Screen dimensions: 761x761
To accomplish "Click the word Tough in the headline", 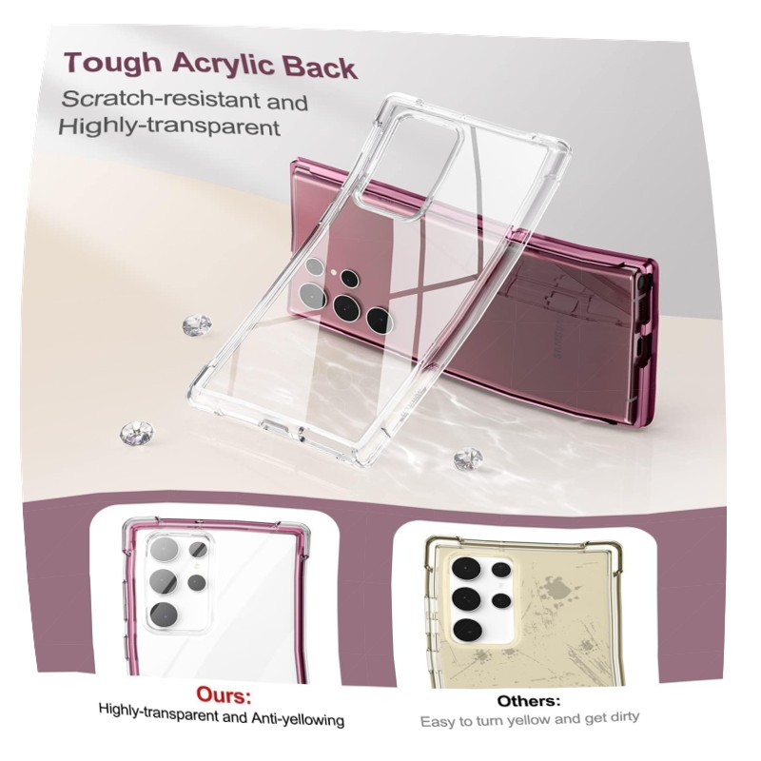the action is click(112, 62).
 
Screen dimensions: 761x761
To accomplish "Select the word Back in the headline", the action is click(320, 68).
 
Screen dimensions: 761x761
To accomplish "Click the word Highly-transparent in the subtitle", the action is click(169, 127).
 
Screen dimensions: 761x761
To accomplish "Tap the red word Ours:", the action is click(224, 695).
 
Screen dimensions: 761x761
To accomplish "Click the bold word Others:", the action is click(529, 701).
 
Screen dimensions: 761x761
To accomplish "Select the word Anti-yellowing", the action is click(297, 719).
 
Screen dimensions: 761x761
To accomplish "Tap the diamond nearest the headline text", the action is click(197, 325).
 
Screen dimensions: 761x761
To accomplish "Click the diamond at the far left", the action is click(136, 432).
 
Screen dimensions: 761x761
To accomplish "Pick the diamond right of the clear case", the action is click(468, 459).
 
